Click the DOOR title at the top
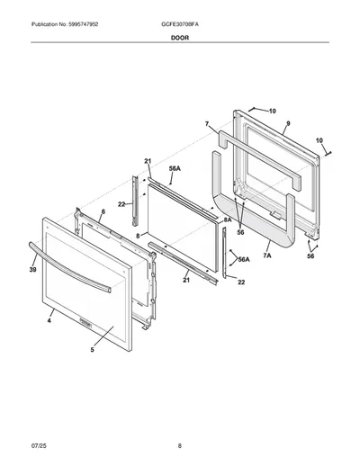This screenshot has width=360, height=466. pyautogui.click(x=180, y=38)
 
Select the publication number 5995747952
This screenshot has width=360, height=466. pyautogui.click(x=83, y=24)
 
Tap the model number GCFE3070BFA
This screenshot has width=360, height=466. pyautogui.click(x=180, y=24)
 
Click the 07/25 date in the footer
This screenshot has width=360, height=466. pyautogui.click(x=39, y=446)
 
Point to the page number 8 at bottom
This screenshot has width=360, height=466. pyautogui.click(x=180, y=446)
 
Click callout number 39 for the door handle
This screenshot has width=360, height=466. pyautogui.click(x=33, y=270)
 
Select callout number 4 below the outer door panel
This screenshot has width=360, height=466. pyautogui.click(x=49, y=321)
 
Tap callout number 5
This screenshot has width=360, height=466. pyautogui.click(x=93, y=350)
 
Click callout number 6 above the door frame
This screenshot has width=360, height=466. pyautogui.click(x=103, y=211)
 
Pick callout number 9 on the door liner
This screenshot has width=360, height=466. pyautogui.click(x=288, y=123)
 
